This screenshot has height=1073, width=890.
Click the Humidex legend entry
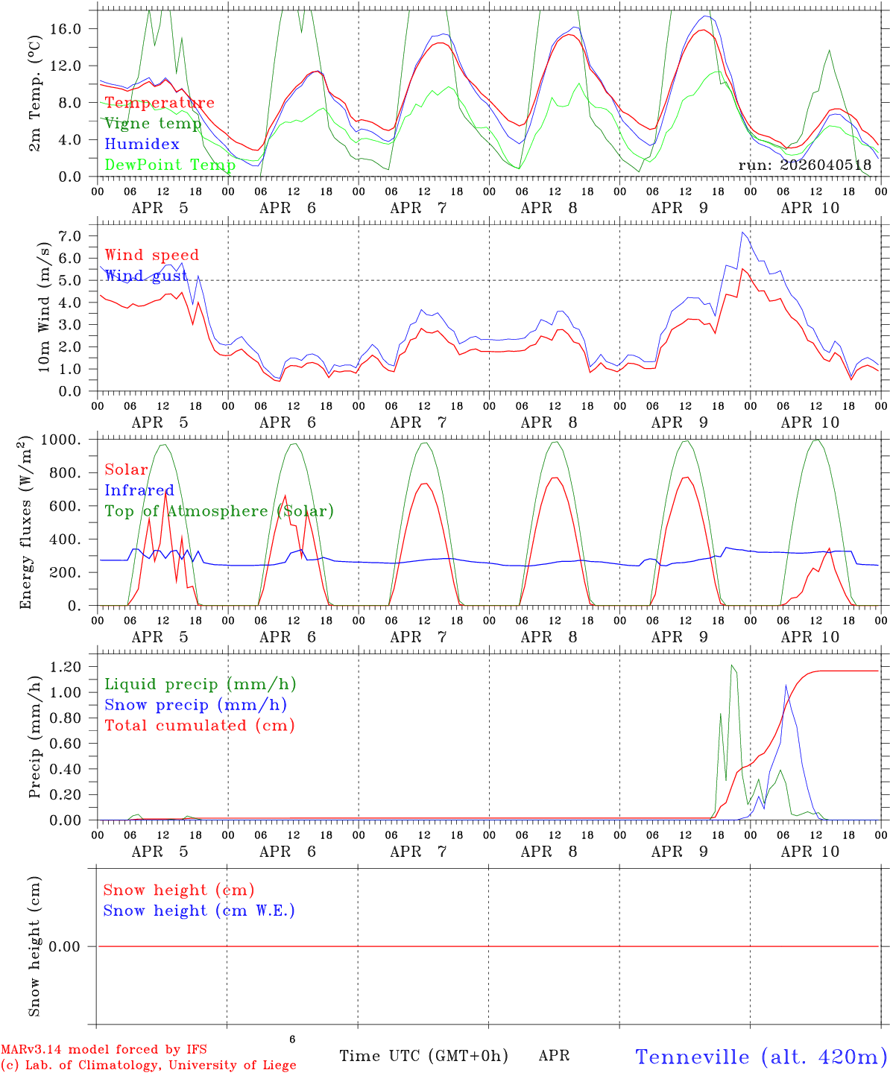(x=142, y=144)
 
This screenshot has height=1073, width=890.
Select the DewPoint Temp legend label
(x=170, y=165)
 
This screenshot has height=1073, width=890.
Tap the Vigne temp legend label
(x=153, y=123)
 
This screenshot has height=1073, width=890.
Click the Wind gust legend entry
(x=146, y=276)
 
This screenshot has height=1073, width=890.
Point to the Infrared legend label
(x=139, y=490)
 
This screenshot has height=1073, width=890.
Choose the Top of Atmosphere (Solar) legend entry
(x=219, y=511)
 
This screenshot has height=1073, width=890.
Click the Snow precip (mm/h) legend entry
(x=196, y=705)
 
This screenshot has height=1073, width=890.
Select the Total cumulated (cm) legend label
(x=200, y=725)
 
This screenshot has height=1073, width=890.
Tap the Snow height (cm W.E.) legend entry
(x=199, y=911)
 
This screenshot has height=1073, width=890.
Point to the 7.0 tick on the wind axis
(x=72, y=236)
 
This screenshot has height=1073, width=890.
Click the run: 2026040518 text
(x=804, y=165)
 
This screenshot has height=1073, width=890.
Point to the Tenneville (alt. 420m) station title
(x=761, y=1057)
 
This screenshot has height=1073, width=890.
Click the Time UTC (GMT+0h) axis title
(x=423, y=1056)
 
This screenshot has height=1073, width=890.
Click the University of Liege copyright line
(x=148, y=1065)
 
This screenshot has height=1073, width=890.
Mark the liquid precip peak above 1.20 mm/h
(x=732, y=665)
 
